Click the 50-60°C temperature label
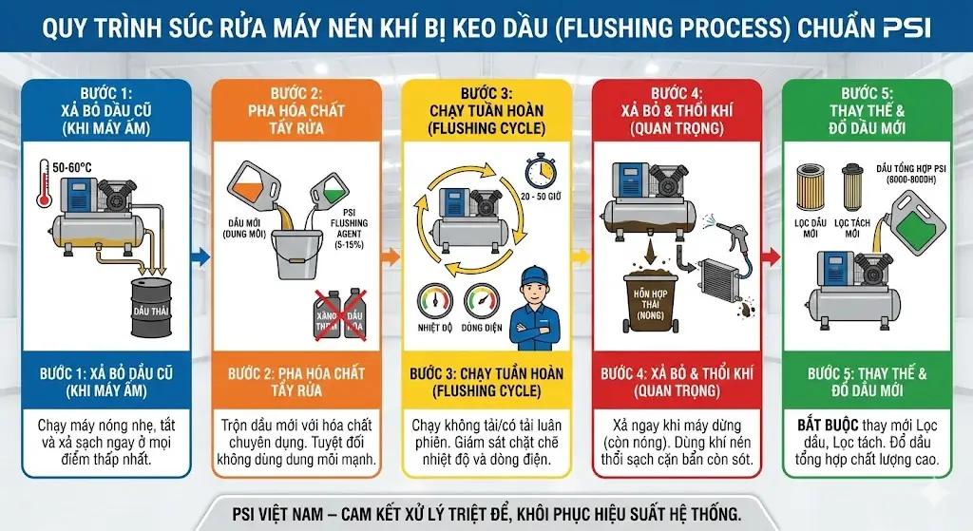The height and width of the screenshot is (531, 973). point(73,166)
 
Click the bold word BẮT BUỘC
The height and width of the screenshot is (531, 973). point(823,425)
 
